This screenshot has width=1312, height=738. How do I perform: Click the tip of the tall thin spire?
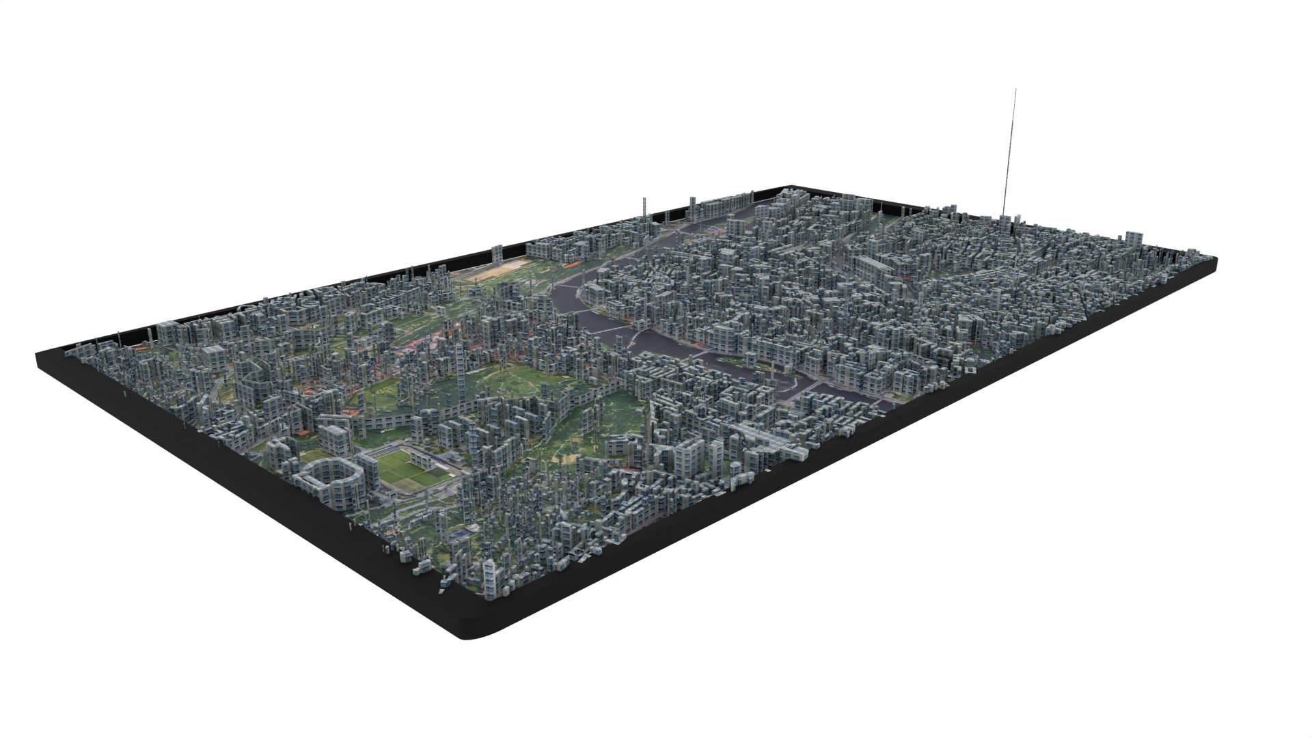point(1015,90)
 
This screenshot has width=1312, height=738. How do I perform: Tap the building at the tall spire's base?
point(1001,220)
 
